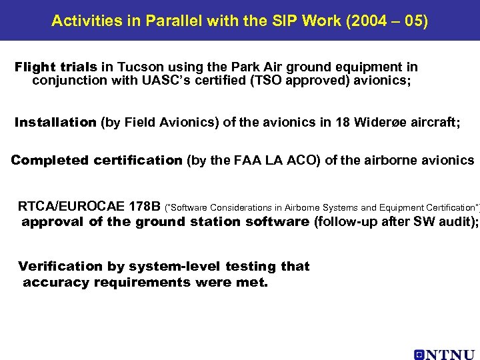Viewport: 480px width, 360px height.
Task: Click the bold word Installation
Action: tap(55, 123)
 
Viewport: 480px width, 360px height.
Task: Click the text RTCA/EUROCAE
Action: tap(70, 206)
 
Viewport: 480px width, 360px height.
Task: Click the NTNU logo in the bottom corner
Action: tap(444, 354)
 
